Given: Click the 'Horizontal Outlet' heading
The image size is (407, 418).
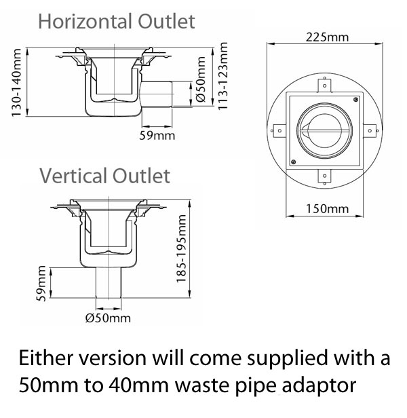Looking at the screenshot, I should point(116,21).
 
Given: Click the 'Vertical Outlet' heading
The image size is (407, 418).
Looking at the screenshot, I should point(104,176).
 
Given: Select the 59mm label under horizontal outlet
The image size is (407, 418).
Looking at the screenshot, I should point(161,135).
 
